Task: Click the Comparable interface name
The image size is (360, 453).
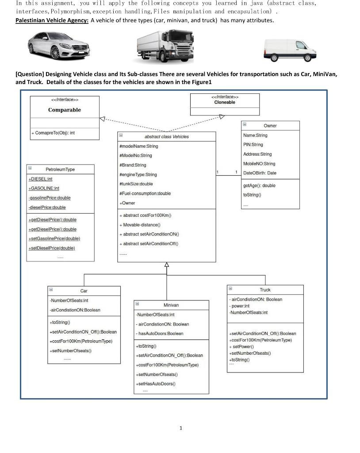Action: pyautogui.click(x=65, y=110)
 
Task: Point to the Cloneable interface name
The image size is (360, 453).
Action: pyautogui.click(x=225, y=102)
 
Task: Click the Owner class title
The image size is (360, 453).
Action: pyautogui.click(x=270, y=126)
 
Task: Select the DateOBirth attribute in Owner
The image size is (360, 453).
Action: pyautogui.click(x=260, y=173)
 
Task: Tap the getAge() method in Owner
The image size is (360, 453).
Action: pyautogui.click(x=259, y=185)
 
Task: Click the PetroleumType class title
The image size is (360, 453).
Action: pyautogui.click(x=60, y=169)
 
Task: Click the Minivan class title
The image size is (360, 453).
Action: pyautogui.click(x=171, y=305)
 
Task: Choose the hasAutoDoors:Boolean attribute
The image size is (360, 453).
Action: pyautogui.click(x=160, y=334)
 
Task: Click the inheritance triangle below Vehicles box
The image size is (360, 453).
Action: pyautogui.click(x=167, y=265)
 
